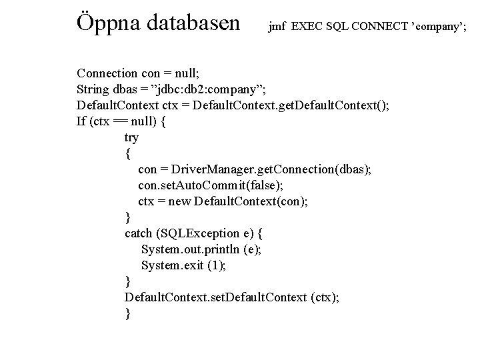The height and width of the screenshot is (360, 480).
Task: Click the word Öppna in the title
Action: click(109, 23)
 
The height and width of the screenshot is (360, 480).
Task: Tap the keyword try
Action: click(131, 137)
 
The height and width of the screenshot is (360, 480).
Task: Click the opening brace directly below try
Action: click(128, 153)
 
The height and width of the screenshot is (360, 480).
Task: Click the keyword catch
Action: click(140, 233)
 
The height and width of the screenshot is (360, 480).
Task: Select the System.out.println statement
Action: click(202, 249)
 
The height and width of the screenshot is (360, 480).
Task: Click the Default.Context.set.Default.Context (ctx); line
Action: click(231, 297)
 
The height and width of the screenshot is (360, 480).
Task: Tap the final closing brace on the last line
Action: click(128, 313)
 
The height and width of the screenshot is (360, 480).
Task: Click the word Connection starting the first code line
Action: click(107, 73)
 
